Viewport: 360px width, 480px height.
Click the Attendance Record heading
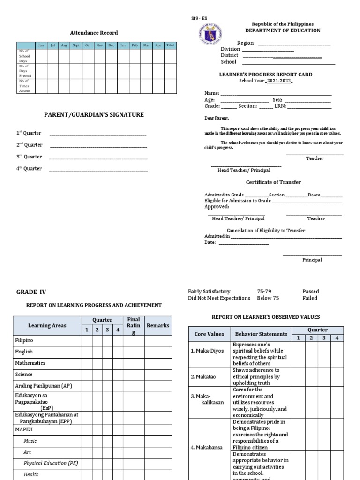click(x=94, y=33)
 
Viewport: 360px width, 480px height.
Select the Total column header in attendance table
click(x=170, y=45)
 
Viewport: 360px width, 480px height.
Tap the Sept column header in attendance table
click(x=76, y=45)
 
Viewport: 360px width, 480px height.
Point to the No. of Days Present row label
click(x=24, y=71)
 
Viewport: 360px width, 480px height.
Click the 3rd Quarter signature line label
click(x=30, y=157)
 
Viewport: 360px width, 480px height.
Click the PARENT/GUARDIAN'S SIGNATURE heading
click(x=94, y=115)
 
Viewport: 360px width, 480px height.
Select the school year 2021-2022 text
click(x=279, y=81)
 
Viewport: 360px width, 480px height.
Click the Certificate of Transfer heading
click(x=273, y=182)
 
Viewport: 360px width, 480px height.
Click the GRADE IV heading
click(x=31, y=292)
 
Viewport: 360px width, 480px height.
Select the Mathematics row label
click(x=30, y=363)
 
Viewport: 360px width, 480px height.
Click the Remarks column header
click(x=157, y=325)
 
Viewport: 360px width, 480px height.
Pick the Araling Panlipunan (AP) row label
click(x=44, y=385)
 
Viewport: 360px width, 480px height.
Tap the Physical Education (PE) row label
click(x=51, y=463)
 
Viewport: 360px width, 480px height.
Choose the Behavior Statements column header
click(x=261, y=334)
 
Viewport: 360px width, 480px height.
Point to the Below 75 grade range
click(x=268, y=298)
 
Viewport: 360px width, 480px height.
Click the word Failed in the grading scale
click(x=310, y=298)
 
